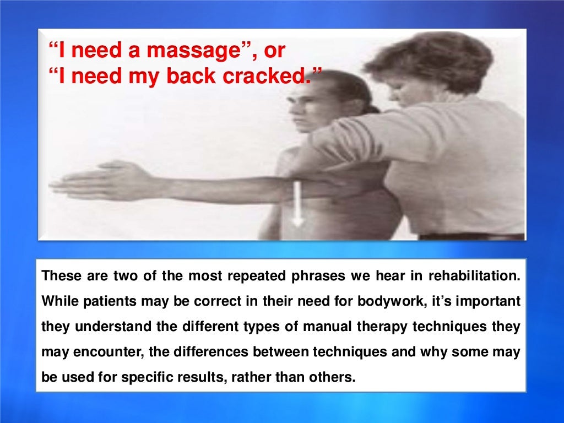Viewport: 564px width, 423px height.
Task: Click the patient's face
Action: (x=305, y=111)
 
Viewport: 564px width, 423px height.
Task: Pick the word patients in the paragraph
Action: (x=100, y=301)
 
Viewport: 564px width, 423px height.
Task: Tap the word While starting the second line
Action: (x=57, y=301)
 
